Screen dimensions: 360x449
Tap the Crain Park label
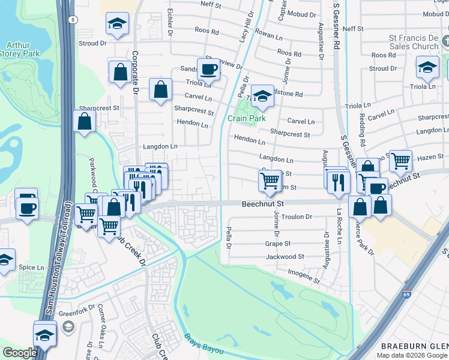pos(246,118)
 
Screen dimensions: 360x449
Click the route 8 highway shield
pos(73,20)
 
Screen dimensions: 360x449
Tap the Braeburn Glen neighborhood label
pos(415,346)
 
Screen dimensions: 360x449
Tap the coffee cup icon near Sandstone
pos(209,70)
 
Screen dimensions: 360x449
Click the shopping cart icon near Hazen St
pos(400,160)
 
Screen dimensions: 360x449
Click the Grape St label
pos(278,244)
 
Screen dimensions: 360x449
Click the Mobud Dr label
pos(301,13)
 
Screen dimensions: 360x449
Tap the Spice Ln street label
pos(31,267)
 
